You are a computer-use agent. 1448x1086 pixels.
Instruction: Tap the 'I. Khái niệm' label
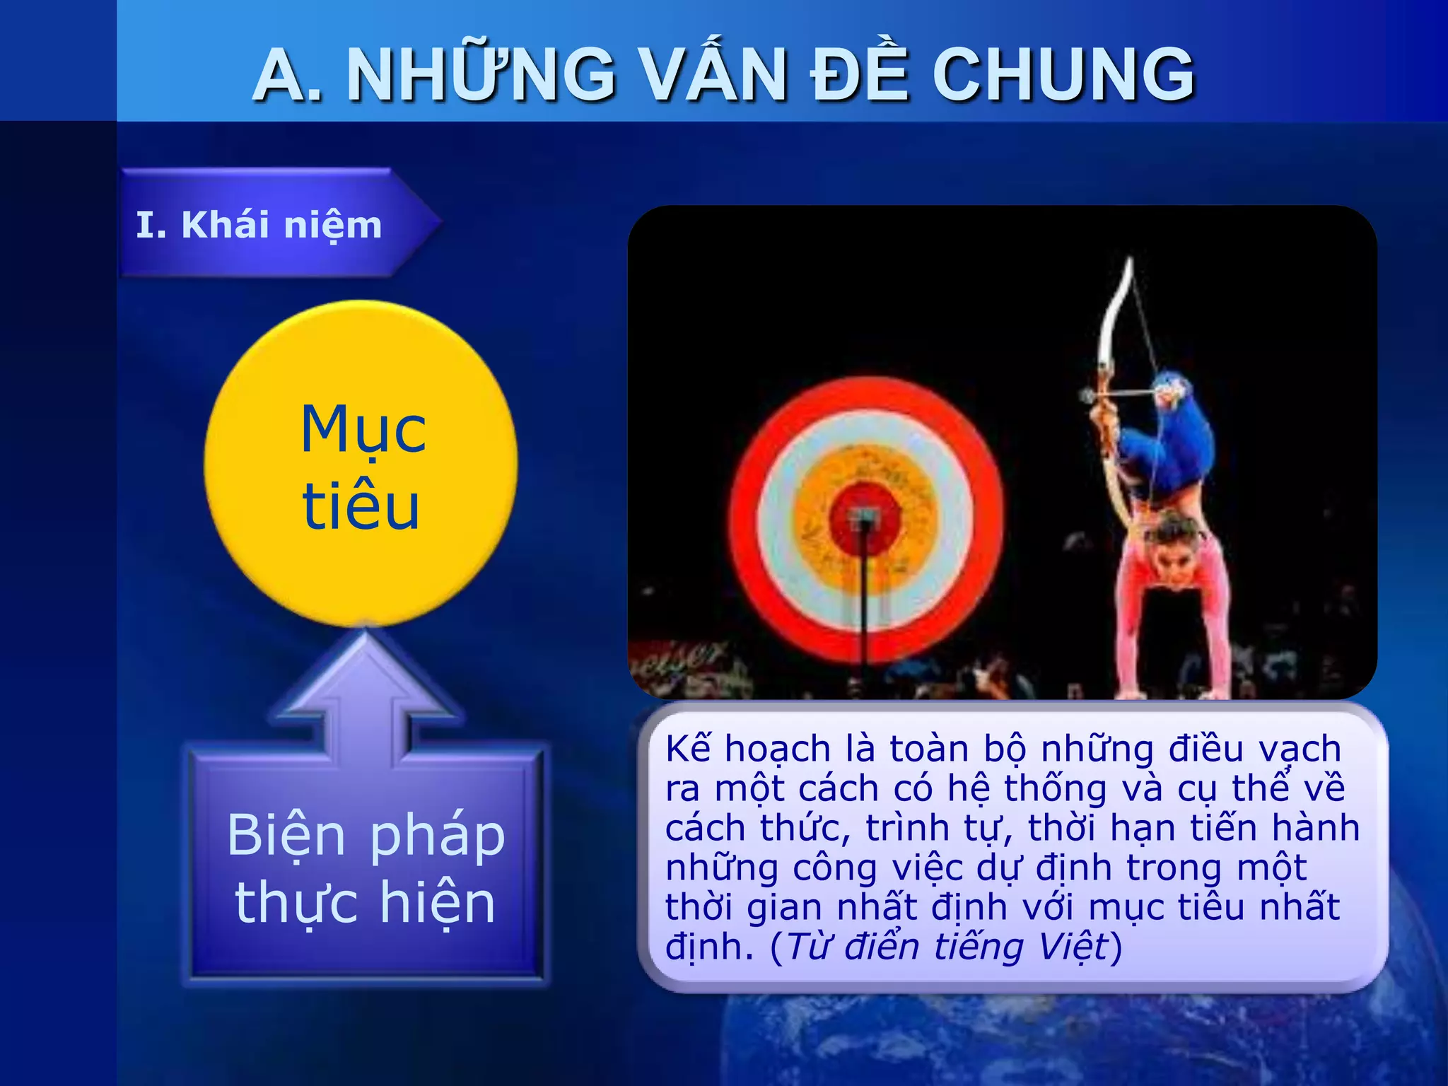click(x=259, y=225)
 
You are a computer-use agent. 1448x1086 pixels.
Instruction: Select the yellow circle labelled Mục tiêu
click(x=361, y=464)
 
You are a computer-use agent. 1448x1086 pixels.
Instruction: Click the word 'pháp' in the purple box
click(x=438, y=836)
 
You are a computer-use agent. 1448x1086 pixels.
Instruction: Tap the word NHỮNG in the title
click(x=481, y=74)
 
